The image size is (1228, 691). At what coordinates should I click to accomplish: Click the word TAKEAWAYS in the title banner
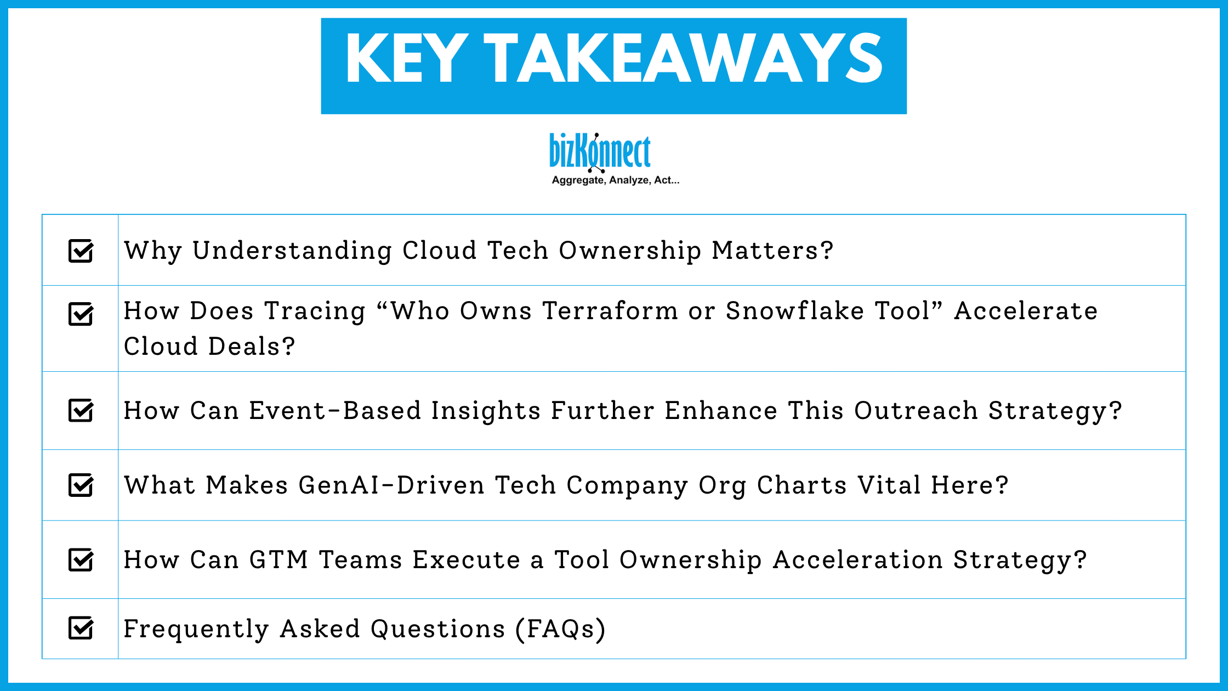coord(683,59)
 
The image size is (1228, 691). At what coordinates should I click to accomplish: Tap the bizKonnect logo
coord(600,151)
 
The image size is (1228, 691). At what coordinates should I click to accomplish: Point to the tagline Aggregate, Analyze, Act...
coord(615,180)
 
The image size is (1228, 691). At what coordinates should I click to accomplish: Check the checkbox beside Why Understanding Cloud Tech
coord(81,251)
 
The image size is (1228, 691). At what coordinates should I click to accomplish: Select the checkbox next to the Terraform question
coord(81,314)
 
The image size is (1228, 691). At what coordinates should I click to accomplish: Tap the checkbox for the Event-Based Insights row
coord(81,410)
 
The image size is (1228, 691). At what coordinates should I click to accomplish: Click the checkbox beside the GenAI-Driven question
coord(81,485)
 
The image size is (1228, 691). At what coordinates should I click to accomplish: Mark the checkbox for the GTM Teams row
coord(81,559)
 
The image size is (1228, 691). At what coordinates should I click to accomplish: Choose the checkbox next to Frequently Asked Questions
coord(81,628)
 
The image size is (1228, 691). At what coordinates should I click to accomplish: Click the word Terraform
coord(610,311)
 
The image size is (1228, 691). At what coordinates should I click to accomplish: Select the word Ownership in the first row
coord(630,251)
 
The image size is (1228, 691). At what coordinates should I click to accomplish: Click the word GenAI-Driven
coord(391,485)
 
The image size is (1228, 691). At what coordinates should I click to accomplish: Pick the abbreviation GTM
coord(278,560)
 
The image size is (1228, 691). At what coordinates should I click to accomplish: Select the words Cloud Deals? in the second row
coord(209,347)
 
